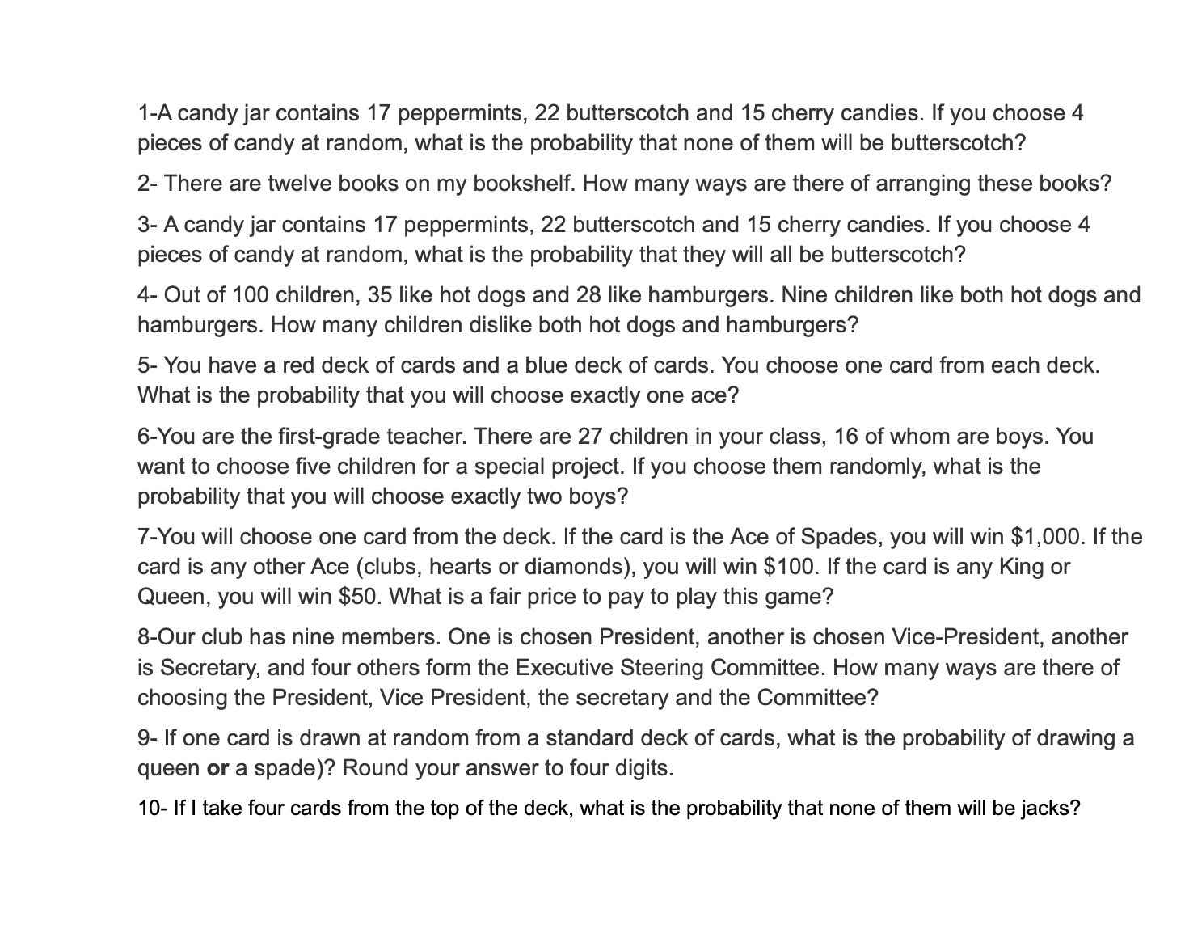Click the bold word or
click(217, 768)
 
